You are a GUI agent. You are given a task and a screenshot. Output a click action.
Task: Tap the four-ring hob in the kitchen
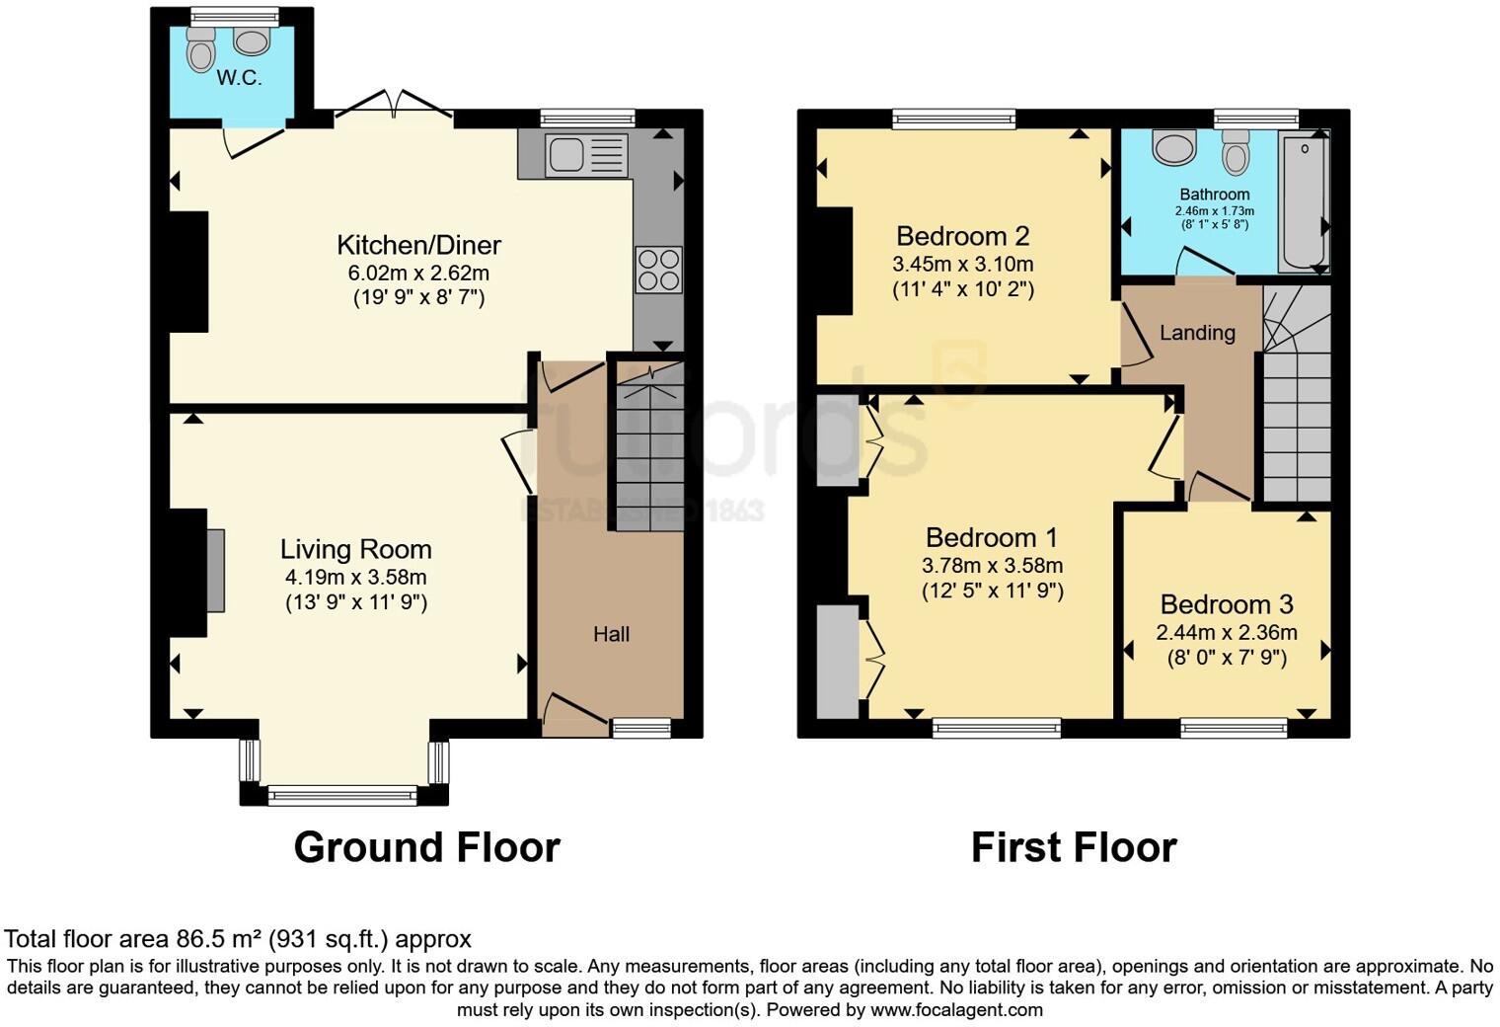(x=658, y=270)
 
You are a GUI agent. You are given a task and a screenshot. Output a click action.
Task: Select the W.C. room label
(x=239, y=78)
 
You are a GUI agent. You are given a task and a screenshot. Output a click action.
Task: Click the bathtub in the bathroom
(x=1304, y=201)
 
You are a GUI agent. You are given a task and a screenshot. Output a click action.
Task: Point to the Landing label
(x=1197, y=333)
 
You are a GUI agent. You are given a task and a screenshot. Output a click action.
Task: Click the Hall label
(x=611, y=634)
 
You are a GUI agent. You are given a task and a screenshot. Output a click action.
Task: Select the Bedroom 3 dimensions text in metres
(x=1227, y=632)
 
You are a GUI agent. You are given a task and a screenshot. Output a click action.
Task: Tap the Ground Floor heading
(x=426, y=847)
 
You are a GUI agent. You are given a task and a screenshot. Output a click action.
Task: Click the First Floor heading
(x=1074, y=847)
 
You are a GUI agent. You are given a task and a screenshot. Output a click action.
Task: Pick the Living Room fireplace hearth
(x=215, y=571)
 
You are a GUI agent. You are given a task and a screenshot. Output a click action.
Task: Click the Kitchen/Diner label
(x=418, y=245)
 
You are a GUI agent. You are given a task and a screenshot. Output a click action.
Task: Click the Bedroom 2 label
(x=962, y=236)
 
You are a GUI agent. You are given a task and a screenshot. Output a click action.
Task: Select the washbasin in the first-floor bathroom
(x=1174, y=148)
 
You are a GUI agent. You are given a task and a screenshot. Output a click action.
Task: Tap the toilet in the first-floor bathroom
(x=1236, y=153)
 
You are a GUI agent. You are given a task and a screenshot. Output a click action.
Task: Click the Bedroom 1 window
(x=997, y=729)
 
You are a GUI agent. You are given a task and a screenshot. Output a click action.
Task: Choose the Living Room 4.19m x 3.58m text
(x=355, y=577)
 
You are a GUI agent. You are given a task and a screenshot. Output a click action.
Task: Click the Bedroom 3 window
(x=1235, y=729)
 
